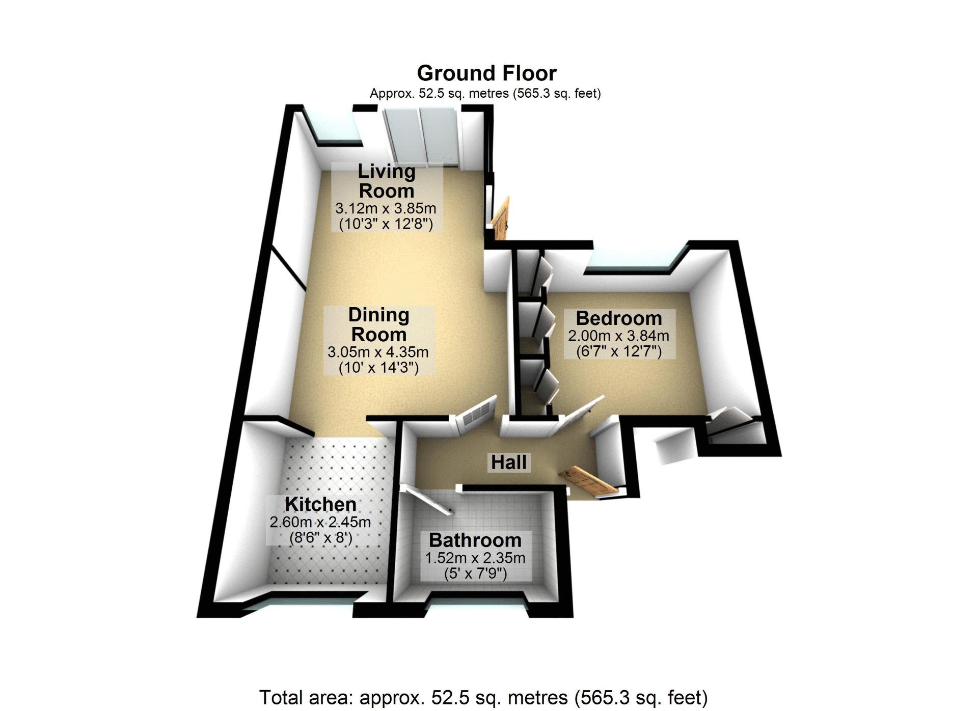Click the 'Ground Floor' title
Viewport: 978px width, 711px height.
coord(486,73)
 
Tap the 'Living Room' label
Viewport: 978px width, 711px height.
coord(387,181)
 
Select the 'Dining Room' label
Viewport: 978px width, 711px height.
coord(379,324)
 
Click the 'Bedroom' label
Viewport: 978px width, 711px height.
coord(619,318)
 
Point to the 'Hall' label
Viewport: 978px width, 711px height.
coord(509,462)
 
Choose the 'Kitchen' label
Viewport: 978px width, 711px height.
coord(320,504)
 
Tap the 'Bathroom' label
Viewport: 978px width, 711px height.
coord(475,540)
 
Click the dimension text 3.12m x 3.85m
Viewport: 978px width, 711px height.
coord(386,208)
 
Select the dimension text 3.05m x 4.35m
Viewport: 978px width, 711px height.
coord(378,352)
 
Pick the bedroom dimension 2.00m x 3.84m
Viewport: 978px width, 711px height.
coord(618,336)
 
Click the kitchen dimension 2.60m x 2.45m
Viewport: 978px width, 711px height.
coord(320,522)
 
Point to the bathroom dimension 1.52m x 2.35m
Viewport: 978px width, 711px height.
coord(475,558)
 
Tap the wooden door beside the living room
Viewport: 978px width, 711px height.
coord(501,218)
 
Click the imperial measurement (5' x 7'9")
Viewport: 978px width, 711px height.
coord(475,574)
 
